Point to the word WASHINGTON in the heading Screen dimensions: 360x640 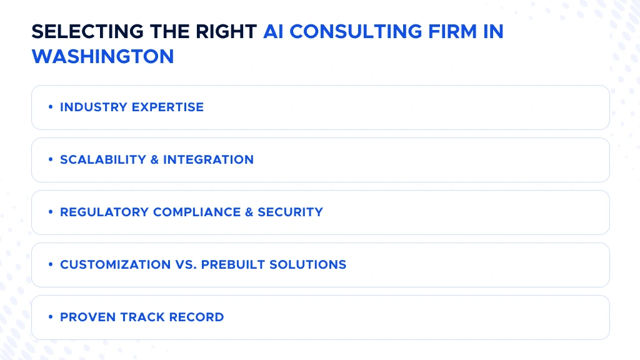tap(102, 56)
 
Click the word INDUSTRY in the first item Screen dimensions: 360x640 tap(91, 107)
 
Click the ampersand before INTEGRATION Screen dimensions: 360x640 tap(154, 159)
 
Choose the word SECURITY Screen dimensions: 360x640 tap(291, 212)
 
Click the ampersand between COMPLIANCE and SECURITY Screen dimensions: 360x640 tap(249, 212)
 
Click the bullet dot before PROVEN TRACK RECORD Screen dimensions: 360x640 tap(50, 317)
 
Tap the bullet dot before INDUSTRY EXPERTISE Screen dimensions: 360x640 tap(50, 107)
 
